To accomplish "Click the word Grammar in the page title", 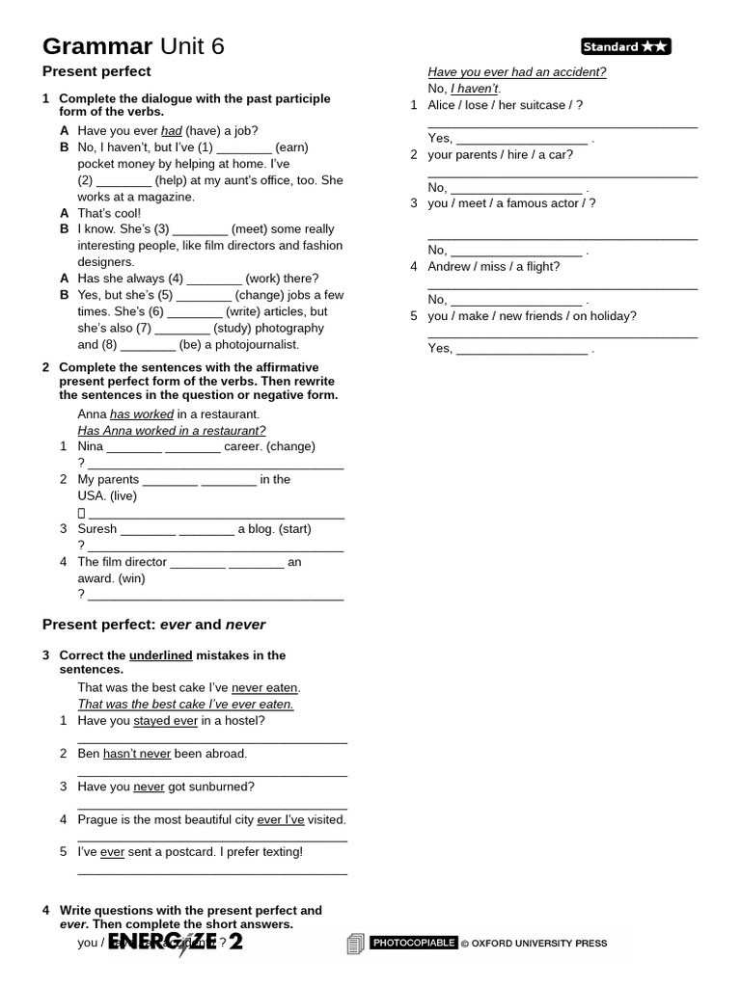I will tap(97, 46).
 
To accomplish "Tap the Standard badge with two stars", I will tap(625, 46).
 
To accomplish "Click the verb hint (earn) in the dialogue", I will tap(291, 147).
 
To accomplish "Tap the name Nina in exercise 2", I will tap(90, 446).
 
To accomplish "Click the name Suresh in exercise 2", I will tap(97, 528).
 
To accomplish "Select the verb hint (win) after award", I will tap(131, 578).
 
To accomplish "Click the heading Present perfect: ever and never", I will tap(153, 625).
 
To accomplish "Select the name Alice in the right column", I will tap(443, 105).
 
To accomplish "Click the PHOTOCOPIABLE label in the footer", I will tap(414, 943).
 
